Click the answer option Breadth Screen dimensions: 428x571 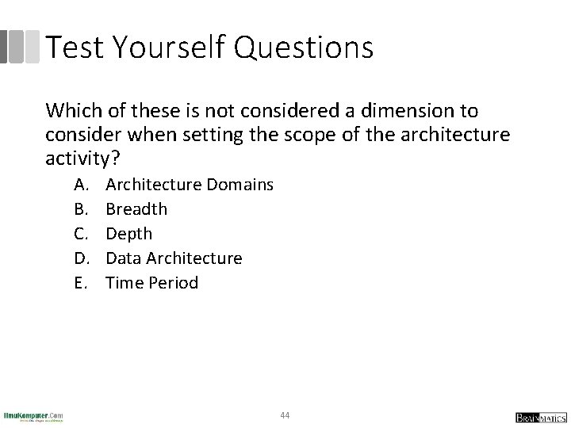tap(136, 209)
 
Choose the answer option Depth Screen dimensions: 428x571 tap(128, 234)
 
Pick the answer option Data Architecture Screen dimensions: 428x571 tap(174, 258)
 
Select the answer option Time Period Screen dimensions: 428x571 tap(151, 283)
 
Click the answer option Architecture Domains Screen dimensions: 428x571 tap(190, 185)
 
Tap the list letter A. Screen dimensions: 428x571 tap(81, 185)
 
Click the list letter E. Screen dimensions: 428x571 tap(80, 283)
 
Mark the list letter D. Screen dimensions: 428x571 tap(81, 258)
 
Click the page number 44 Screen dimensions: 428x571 tap(285, 415)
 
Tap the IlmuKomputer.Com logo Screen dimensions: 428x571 tap(33, 416)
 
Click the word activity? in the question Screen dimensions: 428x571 tap(82, 159)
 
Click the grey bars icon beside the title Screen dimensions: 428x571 tap(20, 47)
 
